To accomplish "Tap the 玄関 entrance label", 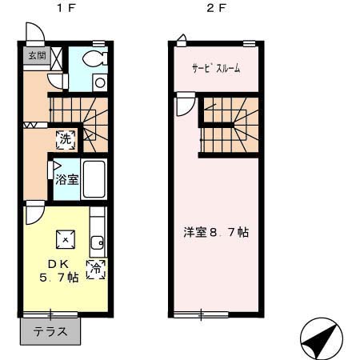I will pyautogui.click(x=36, y=55).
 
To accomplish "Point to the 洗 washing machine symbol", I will pyautogui.click(x=66, y=138).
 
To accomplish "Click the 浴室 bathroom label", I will pyautogui.click(x=67, y=178).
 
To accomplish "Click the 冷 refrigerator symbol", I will pyautogui.click(x=97, y=269).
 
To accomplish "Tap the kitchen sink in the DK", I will pyautogui.click(x=97, y=242).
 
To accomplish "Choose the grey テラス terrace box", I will pyautogui.click(x=50, y=330).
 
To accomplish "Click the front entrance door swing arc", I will pyautogui.click(x=34, y=33).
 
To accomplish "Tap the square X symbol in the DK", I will pyautogui.click(x=64, y=238).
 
